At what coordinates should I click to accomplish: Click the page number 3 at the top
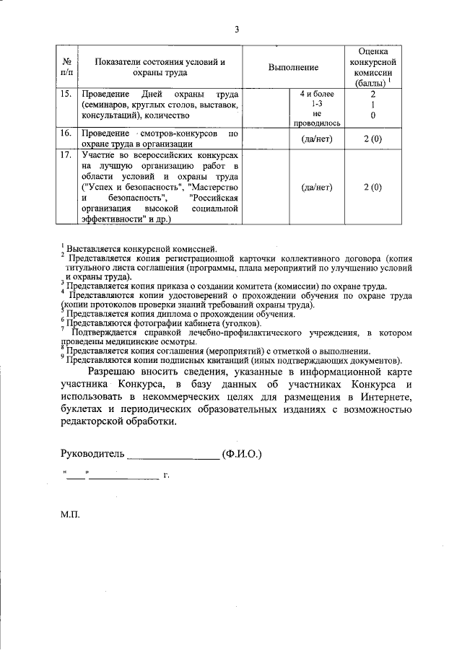click(236, 30)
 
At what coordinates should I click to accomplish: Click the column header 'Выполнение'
click(293, 67)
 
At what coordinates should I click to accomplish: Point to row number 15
click(66, 95)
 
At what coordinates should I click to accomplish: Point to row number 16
click(66, 133)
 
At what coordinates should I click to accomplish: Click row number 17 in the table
click(66, 155)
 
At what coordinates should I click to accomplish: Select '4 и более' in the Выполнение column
click(316, 95)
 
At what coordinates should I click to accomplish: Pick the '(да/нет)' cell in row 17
click(316, 187)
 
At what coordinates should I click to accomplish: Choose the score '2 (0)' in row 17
click(372, 187)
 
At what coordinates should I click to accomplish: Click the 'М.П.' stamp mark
click(70, 517)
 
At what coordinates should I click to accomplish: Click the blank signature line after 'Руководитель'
click(173, 456)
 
